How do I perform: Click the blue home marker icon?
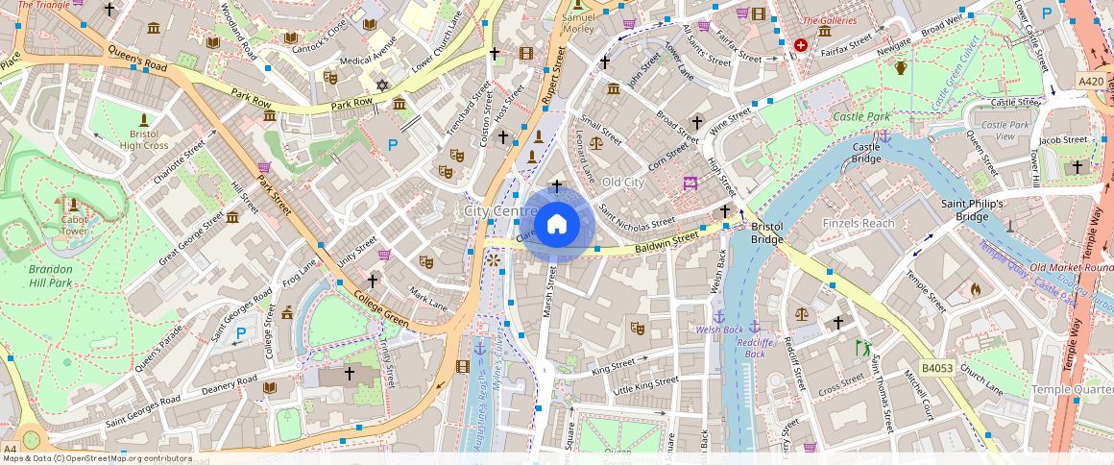[556, 225]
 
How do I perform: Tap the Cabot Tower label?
[74, 225]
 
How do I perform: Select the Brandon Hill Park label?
[49, 276]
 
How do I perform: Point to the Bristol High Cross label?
[144, 139]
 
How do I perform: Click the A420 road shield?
[1091, 82]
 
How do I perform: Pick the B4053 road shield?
[937, 367]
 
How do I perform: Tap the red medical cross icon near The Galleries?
[801, 45]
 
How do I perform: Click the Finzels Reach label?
[858, 223]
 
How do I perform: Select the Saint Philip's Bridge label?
[972, 210]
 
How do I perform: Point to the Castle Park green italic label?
[861, 116]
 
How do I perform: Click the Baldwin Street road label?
[665, 241]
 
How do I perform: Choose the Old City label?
[621, 182]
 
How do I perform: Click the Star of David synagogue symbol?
[381, 86]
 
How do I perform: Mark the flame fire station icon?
[976, 288]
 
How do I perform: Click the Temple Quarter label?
[1072, 389]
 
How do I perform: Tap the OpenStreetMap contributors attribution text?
[98, 458]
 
